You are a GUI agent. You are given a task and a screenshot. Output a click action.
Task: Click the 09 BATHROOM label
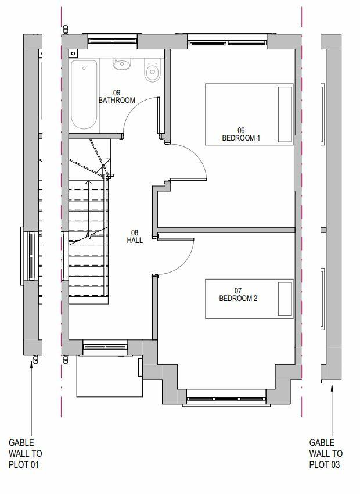click(116, 96)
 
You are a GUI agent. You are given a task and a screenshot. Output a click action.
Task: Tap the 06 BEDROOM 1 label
click(241, 134)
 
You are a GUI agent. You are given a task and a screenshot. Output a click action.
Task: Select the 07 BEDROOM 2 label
click(237, 295)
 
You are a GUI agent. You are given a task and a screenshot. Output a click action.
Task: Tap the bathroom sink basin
click(122, 63)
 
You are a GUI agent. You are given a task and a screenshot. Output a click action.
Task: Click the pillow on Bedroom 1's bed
click(285, 113)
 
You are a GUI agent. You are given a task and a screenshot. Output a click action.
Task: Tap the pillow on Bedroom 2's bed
click(285, 299)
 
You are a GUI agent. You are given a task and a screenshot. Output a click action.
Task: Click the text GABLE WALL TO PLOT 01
click(25, 453)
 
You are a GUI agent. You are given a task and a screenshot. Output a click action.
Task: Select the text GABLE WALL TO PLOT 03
click(326, 453)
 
